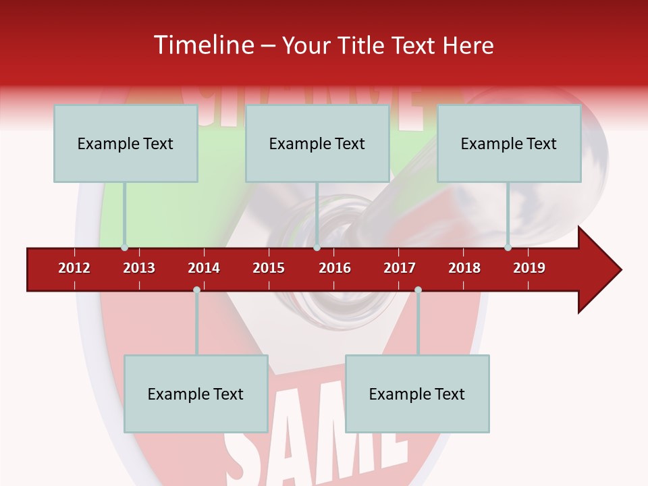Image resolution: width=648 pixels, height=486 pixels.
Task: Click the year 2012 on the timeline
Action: click(74, 268)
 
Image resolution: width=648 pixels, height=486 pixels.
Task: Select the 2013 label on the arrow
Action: click(139, 268)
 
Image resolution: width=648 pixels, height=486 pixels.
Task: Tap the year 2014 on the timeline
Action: click(204, 268)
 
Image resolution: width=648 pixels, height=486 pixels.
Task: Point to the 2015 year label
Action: click(269, 268)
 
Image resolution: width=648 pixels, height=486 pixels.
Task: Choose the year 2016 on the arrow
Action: click(335, 268)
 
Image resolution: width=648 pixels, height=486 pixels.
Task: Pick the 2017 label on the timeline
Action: click(400, 268)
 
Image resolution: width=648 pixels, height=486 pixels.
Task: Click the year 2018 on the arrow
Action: click(464, 268)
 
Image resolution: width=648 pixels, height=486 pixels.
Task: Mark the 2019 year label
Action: click(529, 268)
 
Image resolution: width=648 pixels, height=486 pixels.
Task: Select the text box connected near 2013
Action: click(126, 143)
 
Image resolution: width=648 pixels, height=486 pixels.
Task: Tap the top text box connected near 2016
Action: click(317, 143)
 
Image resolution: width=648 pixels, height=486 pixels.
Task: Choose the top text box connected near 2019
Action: click(509, 143)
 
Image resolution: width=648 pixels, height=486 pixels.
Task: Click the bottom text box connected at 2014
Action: click(196, 394)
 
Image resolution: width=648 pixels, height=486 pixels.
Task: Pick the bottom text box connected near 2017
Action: click(417, 394)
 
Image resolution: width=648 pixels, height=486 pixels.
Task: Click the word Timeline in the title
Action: click(202, 45)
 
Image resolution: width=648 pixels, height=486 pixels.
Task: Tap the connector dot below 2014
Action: click(196, 290)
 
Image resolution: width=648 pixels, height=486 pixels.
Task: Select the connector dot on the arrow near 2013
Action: click(124, 248)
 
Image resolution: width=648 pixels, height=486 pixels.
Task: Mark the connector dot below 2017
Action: click(418, 290)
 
